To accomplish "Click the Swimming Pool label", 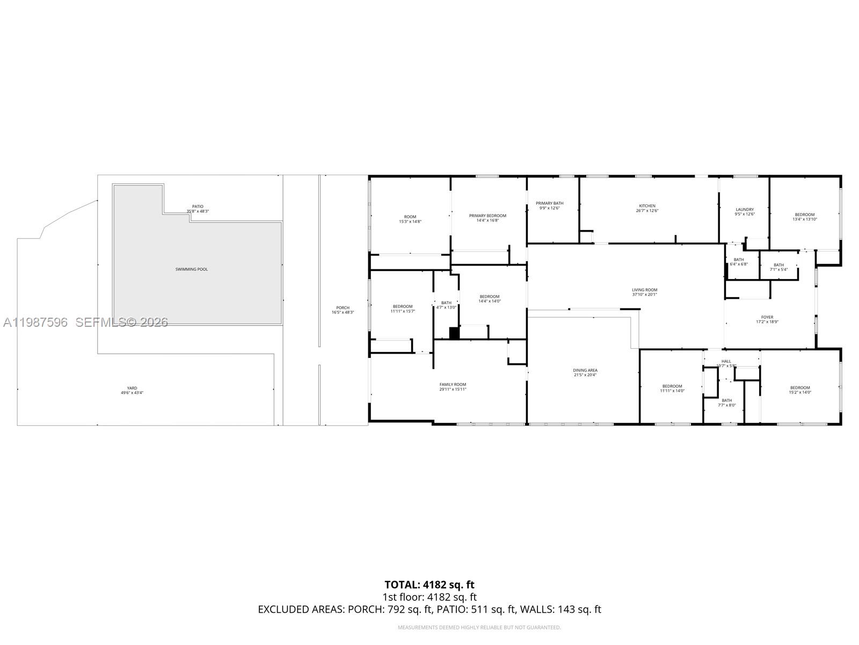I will pos(192,269).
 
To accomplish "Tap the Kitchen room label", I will pos(647,206).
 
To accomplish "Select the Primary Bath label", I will pos(549,203).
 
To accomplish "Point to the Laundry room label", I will pos(745,209).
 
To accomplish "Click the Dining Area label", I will pos(585,370).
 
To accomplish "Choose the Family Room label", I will pos(453,384).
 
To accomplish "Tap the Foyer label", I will pos(767,317).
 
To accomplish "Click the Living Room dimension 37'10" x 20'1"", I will pos(644,295).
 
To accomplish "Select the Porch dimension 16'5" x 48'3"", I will pos(343,312).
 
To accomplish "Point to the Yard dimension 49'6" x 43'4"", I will pos(132,393).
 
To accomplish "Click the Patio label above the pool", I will pos(198,206).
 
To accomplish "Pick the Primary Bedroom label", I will pos(487,216).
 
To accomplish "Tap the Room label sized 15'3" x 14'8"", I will pos(410,217).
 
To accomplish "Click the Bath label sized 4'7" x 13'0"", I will pos(446,303).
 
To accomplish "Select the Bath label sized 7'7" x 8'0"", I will pos(726,400).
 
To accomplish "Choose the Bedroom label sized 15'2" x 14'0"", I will pos(800,388).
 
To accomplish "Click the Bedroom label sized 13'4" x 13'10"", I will pos(805,214).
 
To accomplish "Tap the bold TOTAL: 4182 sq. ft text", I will pos(429,584).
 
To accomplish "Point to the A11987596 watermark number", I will pos(35,322).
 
